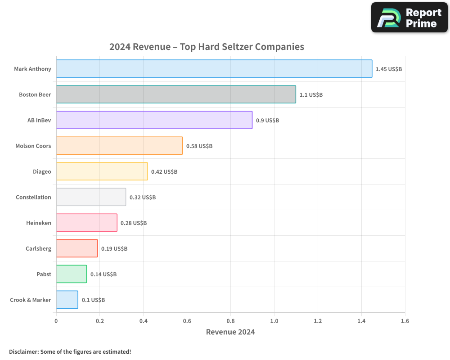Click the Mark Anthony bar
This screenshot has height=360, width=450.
click(x=214, y=69)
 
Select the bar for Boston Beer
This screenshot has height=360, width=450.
click(x=176, y=94)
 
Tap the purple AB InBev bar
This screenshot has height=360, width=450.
click(x=154, y=120)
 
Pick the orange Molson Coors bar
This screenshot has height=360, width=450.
click(x=119, y=146)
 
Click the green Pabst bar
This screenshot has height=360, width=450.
click(x=72, y=274)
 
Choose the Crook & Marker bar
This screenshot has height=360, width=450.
click(x=67, y=300)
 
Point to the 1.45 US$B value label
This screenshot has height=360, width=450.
click(x=389, y=69)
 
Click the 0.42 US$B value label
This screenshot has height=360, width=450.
click(x=164, y=172)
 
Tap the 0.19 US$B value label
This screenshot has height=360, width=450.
click(x=114, y=249)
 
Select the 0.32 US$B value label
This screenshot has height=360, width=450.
click(x=143, y=198)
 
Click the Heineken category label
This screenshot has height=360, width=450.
click(x=39, y=223)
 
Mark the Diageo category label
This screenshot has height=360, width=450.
click(x=42, y=172)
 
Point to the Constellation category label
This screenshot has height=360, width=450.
click(x=33, y=198)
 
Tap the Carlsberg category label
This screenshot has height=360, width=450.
click(x=38, y=249)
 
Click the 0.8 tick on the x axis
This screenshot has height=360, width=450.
click(x=230, y=321)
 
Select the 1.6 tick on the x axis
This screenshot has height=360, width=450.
click(x=405, y=321)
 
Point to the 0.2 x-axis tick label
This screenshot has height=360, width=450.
click(x=100, y=321)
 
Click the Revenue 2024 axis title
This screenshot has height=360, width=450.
click(x=230, y=332)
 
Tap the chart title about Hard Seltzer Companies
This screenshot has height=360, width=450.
click(x=207, y=47)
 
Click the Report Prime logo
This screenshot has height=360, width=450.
click(x=409, y=18)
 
